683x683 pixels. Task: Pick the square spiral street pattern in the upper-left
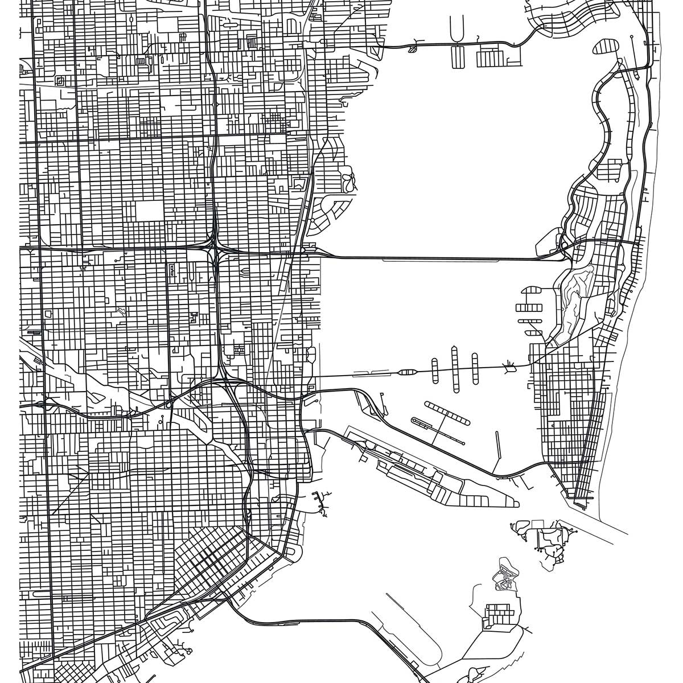[59, 81]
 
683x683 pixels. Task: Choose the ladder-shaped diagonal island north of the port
[447, 413]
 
